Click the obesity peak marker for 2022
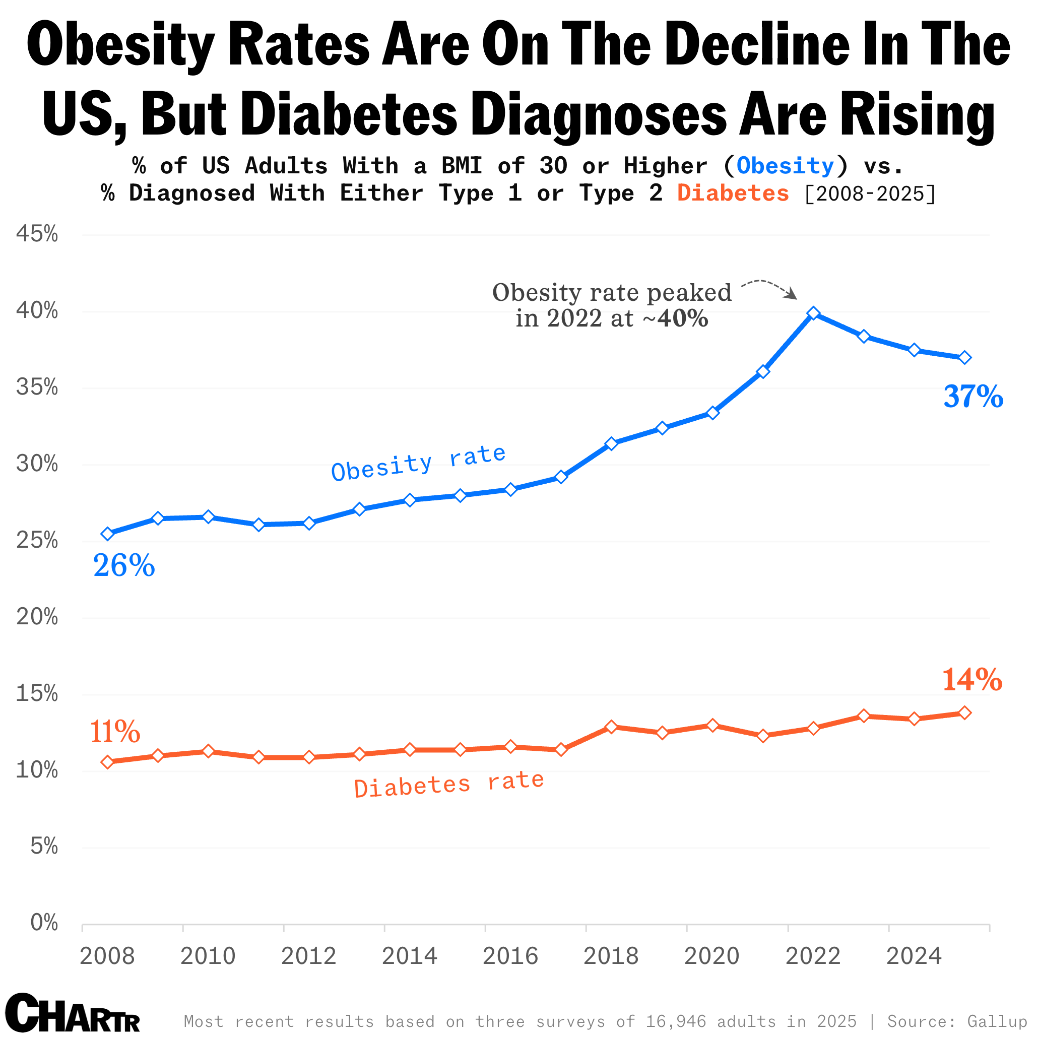point(813,313)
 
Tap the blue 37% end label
point(973,397)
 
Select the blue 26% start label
point(124,566)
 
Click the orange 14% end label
point(972,680)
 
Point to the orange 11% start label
point(115,732)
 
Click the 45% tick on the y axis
point(37,234)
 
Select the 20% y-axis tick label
point(37,617)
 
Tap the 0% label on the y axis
point(44,923)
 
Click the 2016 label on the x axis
point(510,956)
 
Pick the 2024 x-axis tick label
point(914,956)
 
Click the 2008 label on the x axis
point(107,956)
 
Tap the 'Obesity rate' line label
point(419,463)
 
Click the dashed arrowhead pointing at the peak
point(792,295)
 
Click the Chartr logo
point(73,1012)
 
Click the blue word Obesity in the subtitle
point(785,166)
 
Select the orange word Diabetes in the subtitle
point(733,193)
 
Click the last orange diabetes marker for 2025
point(964,713)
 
